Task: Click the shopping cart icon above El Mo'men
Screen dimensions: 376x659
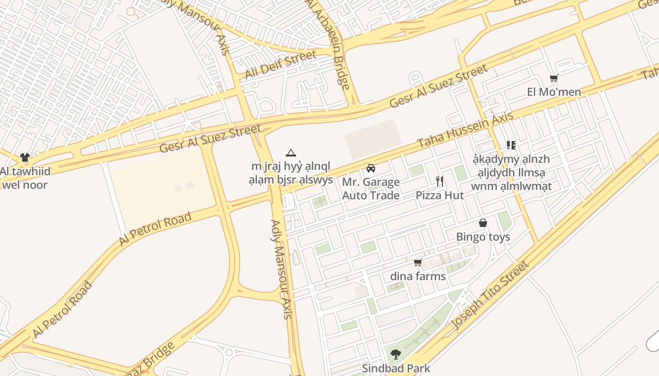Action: click(554, 78)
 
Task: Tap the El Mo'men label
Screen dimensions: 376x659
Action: click(554, 92)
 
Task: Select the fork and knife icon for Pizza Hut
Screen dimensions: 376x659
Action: click(440, 181)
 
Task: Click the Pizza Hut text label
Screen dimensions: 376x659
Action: click(440, 196)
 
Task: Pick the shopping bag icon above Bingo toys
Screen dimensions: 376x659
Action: click(482, 223)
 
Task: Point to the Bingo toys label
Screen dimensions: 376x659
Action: click(483, 237)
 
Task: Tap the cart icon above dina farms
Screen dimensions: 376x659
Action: click(418, 262)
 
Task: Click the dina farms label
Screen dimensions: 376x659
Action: click(418, 276)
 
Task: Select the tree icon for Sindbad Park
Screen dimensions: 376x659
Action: click(396, 354)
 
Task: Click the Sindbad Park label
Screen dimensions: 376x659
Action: click(396, 368)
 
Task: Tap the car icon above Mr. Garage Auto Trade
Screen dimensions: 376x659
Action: click(371, 168)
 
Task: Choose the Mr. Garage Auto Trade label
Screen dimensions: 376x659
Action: click(371, 188)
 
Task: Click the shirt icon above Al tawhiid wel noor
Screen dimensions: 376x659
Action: click(25, 158)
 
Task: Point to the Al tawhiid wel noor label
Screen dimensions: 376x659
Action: click(25, 178)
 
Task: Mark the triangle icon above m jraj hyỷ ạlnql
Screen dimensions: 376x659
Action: click(291, 153)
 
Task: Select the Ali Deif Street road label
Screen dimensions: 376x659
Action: click(281, 65)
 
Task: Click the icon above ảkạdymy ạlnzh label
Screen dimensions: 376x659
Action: click(511, 145)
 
